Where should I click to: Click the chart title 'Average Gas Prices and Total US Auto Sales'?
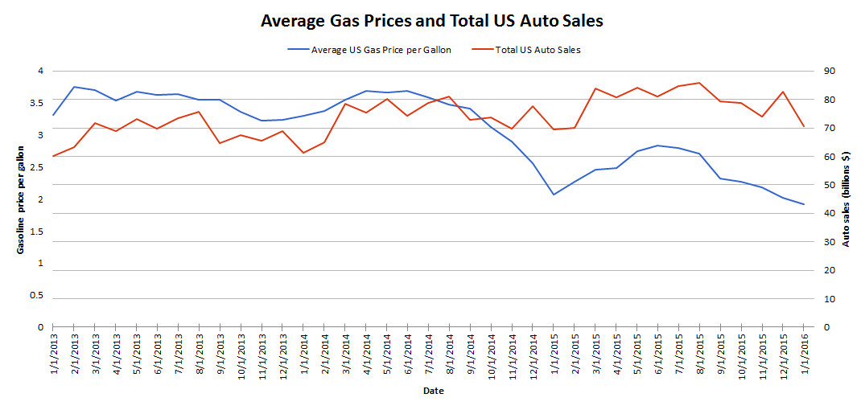click(431, 21)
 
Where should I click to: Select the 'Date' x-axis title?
click(432, 392)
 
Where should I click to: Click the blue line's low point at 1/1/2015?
click(554, 195)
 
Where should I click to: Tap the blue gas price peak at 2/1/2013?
click(74, 87)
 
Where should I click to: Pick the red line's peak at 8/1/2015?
click(699, 83)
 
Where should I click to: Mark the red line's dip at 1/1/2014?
click(303, 153)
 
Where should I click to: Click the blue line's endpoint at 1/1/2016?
click(804, 204)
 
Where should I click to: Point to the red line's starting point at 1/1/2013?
click(53, 156)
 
